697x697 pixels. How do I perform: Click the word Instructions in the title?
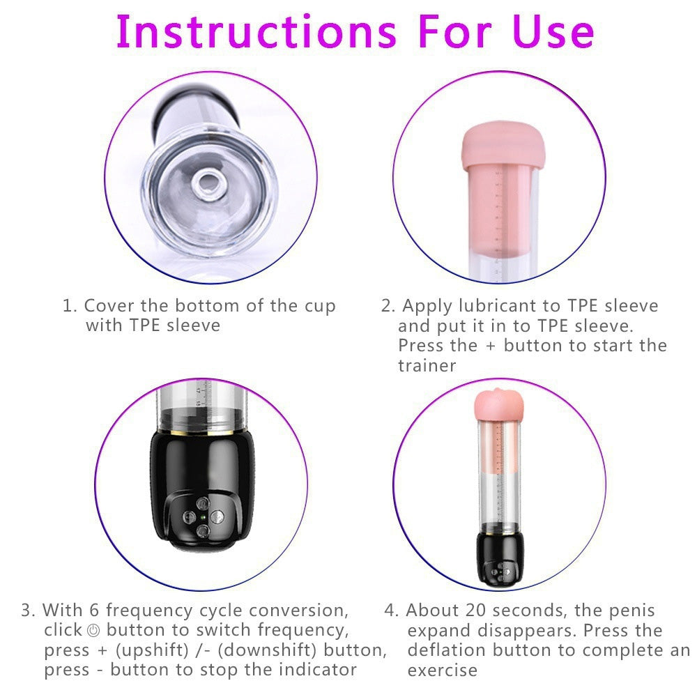tap(255, 31)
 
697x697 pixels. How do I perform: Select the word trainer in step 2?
tap(427, 366)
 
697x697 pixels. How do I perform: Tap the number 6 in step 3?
tap(95, 611)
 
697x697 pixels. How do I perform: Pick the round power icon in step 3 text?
tap(95, 631)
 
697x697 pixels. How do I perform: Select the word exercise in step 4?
tap(443, 671)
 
